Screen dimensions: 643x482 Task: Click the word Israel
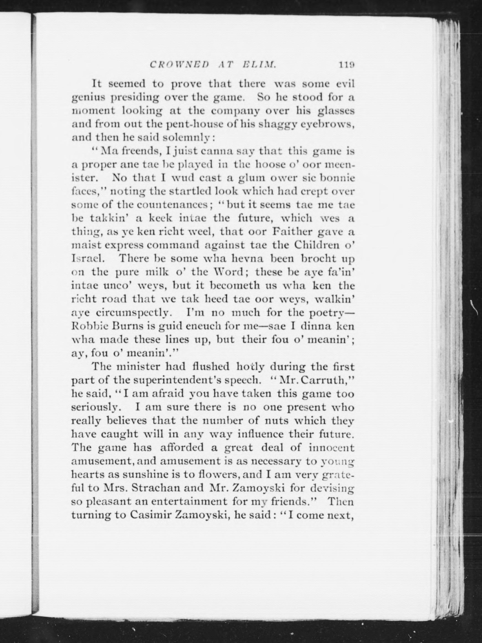point(86,258)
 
